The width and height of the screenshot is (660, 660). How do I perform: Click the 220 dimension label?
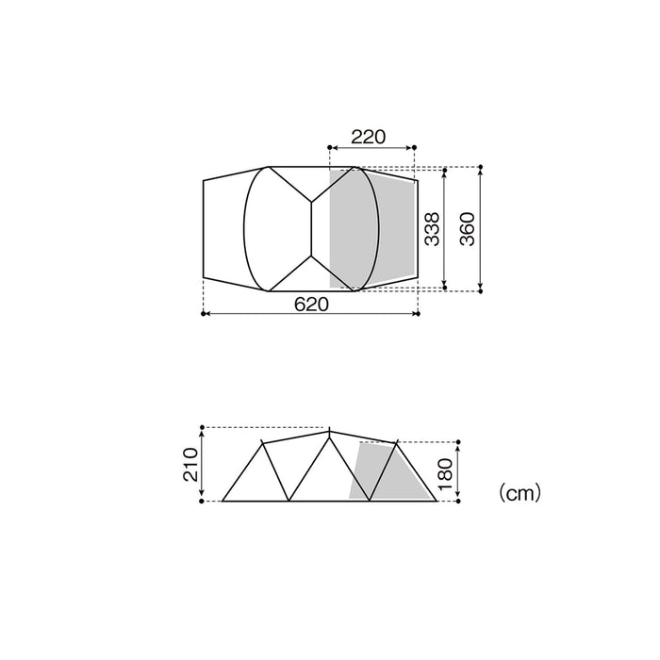[369, 137]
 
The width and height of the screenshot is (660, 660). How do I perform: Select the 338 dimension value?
[432, 228]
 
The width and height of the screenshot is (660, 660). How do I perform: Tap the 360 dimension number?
[469, 228]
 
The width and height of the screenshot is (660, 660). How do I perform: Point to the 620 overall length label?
[311, 304]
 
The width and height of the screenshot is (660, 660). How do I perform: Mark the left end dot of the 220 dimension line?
[328, 148]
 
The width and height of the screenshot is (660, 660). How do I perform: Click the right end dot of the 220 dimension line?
[415, 148]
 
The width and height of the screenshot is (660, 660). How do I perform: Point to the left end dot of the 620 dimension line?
[204, 314]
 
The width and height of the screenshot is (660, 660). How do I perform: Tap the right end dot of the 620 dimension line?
[419, 314]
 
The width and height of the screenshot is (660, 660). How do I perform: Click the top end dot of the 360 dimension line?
[481, 168]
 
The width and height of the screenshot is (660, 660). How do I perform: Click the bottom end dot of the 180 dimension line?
[457, 501]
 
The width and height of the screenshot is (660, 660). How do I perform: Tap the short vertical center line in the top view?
[311, 228]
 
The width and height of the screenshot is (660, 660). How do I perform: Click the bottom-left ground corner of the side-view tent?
[223, 501]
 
